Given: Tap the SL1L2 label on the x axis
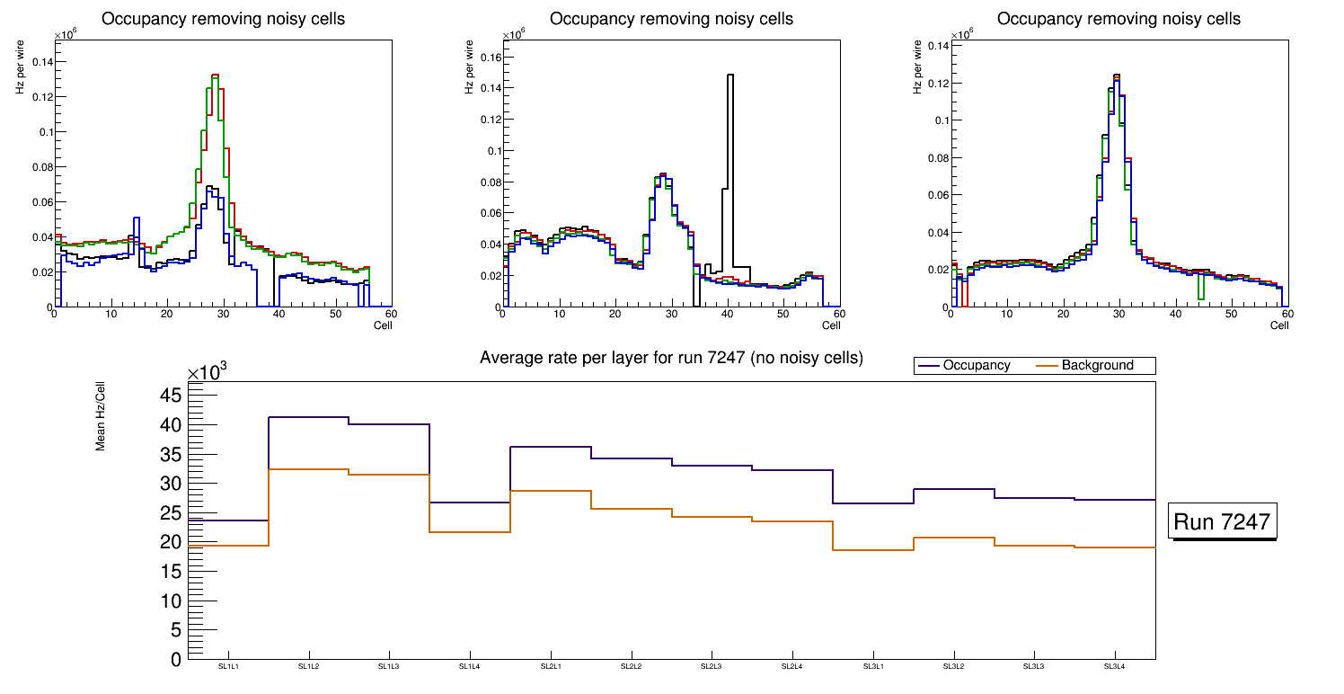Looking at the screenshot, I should [x=308, y=666].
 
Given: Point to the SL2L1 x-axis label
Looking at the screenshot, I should [x=550, y=666].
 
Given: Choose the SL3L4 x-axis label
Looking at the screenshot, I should [x=1114, y=666].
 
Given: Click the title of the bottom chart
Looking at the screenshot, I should [x=671, y=358].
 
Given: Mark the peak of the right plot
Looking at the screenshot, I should [x=1116, y=76].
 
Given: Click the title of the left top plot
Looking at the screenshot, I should [x=223, y=19].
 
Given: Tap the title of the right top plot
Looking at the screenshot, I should [x=1119, y=19].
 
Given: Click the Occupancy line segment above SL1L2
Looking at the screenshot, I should [x=308, y=417].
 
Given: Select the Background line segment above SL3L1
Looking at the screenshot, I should [x=873, y=549].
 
